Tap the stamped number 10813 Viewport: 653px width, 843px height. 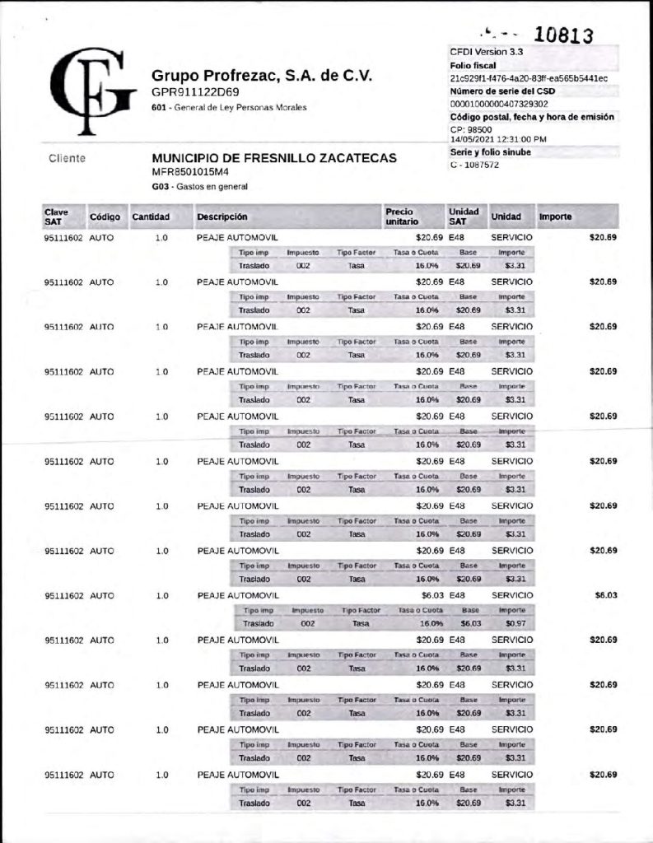tap(563, 35)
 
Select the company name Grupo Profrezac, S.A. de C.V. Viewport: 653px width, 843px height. tap(262, 76)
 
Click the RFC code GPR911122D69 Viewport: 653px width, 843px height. tap(195, 92)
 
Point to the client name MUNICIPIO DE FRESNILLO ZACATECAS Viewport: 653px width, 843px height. tap(274, 158)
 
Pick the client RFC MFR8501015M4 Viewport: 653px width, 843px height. tap(190, 172)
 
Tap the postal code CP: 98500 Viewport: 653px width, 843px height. tap(471, 129)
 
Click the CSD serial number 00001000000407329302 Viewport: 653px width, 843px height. tap(499, 104)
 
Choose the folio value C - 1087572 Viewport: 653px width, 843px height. tap(474, 165)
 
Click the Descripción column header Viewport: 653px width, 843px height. tap(222, 217)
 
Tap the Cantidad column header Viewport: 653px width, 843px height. tap(151, 217)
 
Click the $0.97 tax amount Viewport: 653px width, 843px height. tap(515, 624)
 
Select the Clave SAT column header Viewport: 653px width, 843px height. tap(57, 217)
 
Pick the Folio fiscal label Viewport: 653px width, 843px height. tap(473, 64)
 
